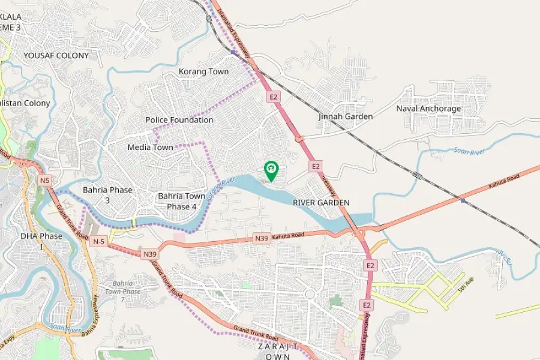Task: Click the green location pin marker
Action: click(x=271, y=170)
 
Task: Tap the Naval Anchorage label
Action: click(x=428, y=109)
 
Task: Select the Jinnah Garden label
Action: click(x=346, y=116)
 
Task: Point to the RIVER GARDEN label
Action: click(x=321, y=203)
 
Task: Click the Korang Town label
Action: click(x=203, y=71)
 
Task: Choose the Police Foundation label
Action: click(x=179, y=120)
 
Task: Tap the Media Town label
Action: click(x=150, y=147)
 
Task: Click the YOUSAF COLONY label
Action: click(x=56, y=56)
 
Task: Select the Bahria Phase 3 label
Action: click(x=107, y=195)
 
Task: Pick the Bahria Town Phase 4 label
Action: click(x=181, y=201)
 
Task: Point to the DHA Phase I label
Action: click(x=41, y=241)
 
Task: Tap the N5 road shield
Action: click(x=44, y=180)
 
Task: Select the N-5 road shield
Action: click(x=99, y=241)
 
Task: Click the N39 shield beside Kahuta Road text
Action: click(x=262, y=238)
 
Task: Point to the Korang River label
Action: click(x=220, y=188)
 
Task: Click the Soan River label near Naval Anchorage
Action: click(x=469, y=152)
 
